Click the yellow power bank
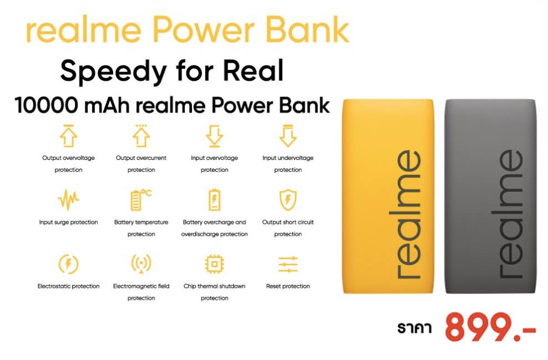(388, 196)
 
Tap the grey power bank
(490, 196)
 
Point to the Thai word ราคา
(414, 328)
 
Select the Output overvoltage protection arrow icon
(69, 135)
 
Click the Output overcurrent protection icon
(141, 135)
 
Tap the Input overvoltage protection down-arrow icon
(214, 135)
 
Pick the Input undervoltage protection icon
(288, 135)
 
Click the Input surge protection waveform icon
(69, 200)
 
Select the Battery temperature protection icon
(141, 200)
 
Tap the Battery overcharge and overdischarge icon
(214, 200)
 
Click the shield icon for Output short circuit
(288, 200)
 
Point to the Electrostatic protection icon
(69, 264)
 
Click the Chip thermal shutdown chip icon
(214, 264)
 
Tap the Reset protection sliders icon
(288, 264)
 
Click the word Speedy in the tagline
(114, 72)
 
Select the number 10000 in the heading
(47, 105)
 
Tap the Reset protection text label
(288, 286)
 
